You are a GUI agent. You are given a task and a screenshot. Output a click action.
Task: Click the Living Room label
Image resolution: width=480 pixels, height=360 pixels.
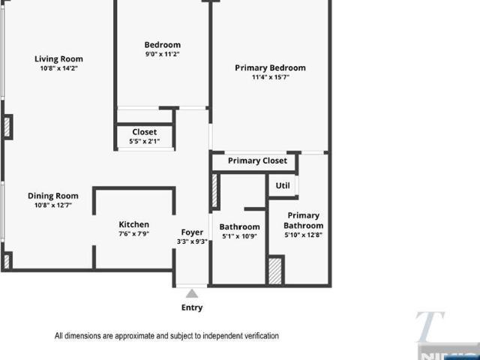click(58, 58)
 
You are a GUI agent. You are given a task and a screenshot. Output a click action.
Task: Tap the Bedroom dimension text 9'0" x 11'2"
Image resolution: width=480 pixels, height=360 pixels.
click(162, 54)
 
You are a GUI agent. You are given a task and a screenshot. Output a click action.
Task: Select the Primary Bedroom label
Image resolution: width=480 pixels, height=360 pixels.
click(270, 67)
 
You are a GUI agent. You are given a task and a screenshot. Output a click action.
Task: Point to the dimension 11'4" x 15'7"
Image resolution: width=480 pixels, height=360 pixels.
click(271, 77)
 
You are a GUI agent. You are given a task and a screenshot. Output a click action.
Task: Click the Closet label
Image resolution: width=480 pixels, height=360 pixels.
click(145, 132)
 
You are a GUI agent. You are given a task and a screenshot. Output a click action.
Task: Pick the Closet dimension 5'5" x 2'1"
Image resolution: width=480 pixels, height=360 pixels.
click(145, 142)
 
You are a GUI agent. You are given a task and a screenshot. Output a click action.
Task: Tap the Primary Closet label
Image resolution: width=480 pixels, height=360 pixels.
click(257, 160)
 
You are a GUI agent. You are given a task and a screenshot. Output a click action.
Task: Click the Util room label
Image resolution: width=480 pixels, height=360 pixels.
click(283, 185)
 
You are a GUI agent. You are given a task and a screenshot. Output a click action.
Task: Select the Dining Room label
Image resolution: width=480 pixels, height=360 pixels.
click(53, 196)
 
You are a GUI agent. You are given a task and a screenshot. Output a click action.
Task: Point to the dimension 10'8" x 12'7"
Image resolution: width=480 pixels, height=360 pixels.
click(53, 205)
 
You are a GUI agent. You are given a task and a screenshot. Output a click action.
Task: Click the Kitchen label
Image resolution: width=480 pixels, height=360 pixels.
click(133, 224)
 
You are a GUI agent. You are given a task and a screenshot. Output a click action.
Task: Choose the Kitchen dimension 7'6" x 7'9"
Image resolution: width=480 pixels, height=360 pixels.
click(133, 234)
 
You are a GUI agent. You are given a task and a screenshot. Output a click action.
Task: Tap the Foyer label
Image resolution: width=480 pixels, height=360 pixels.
click(192, 232)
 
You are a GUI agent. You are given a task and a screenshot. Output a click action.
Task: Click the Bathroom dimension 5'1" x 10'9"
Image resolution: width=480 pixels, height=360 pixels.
click(239, 237)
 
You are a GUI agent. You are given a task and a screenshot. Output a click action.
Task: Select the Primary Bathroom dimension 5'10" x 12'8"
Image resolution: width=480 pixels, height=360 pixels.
click(303, 235)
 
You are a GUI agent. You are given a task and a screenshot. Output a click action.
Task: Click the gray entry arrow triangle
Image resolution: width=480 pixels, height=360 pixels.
click(192, 293)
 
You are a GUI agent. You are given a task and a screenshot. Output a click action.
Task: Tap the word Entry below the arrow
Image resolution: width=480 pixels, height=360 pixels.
click(192, 307)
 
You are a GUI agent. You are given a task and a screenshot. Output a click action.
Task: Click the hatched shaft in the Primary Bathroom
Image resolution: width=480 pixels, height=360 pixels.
click(275, 271)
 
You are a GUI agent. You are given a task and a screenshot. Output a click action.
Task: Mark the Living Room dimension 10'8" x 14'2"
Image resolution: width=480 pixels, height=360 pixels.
click(58, 68)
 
